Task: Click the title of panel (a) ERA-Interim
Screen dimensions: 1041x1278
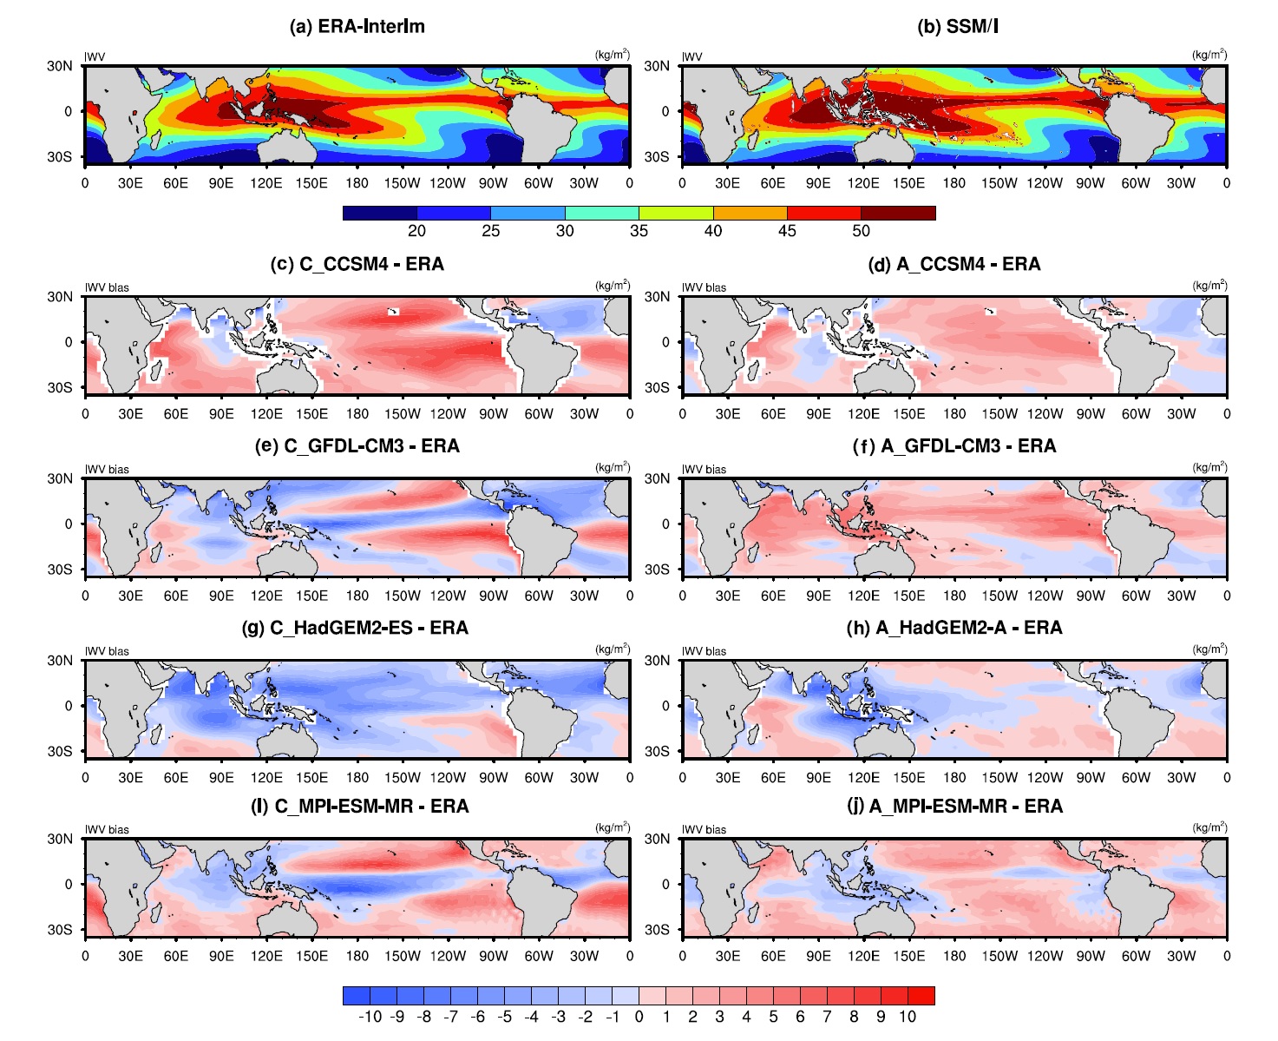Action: [x=357, y=26]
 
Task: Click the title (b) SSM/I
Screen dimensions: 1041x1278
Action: [x=957, y=26]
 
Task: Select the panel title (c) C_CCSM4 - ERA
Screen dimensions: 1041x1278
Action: [x=357, y=264]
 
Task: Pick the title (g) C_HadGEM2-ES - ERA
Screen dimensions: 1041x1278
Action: [x=354, y=628]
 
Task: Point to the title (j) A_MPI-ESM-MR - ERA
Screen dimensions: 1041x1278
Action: [x=954, y=807]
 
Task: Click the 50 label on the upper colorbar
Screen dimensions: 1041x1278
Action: [x=861, y=231]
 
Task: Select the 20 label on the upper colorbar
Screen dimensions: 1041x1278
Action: [x=416, y=231]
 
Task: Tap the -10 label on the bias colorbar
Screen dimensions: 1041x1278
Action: [x=370, y=1017]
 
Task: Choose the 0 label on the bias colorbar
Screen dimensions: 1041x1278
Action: [x=639, y=1017]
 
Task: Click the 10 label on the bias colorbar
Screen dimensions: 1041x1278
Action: [x=908, y=1017]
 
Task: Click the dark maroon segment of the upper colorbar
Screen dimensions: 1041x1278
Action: [x=898, y=213]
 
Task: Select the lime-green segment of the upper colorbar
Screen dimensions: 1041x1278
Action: [x=676, y=213]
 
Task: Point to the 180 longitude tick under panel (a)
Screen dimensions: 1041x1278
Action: [x=357, y=183]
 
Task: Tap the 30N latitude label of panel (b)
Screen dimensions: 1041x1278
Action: [x=657, y=66]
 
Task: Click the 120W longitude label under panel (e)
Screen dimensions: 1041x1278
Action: [x=448, y=596]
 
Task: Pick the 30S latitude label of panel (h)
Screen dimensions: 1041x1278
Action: [x=657, y=751]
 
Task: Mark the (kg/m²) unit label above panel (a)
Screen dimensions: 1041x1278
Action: [x=613, y=55]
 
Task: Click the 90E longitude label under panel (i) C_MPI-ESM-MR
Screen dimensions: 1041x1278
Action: [x=221, y=956]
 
